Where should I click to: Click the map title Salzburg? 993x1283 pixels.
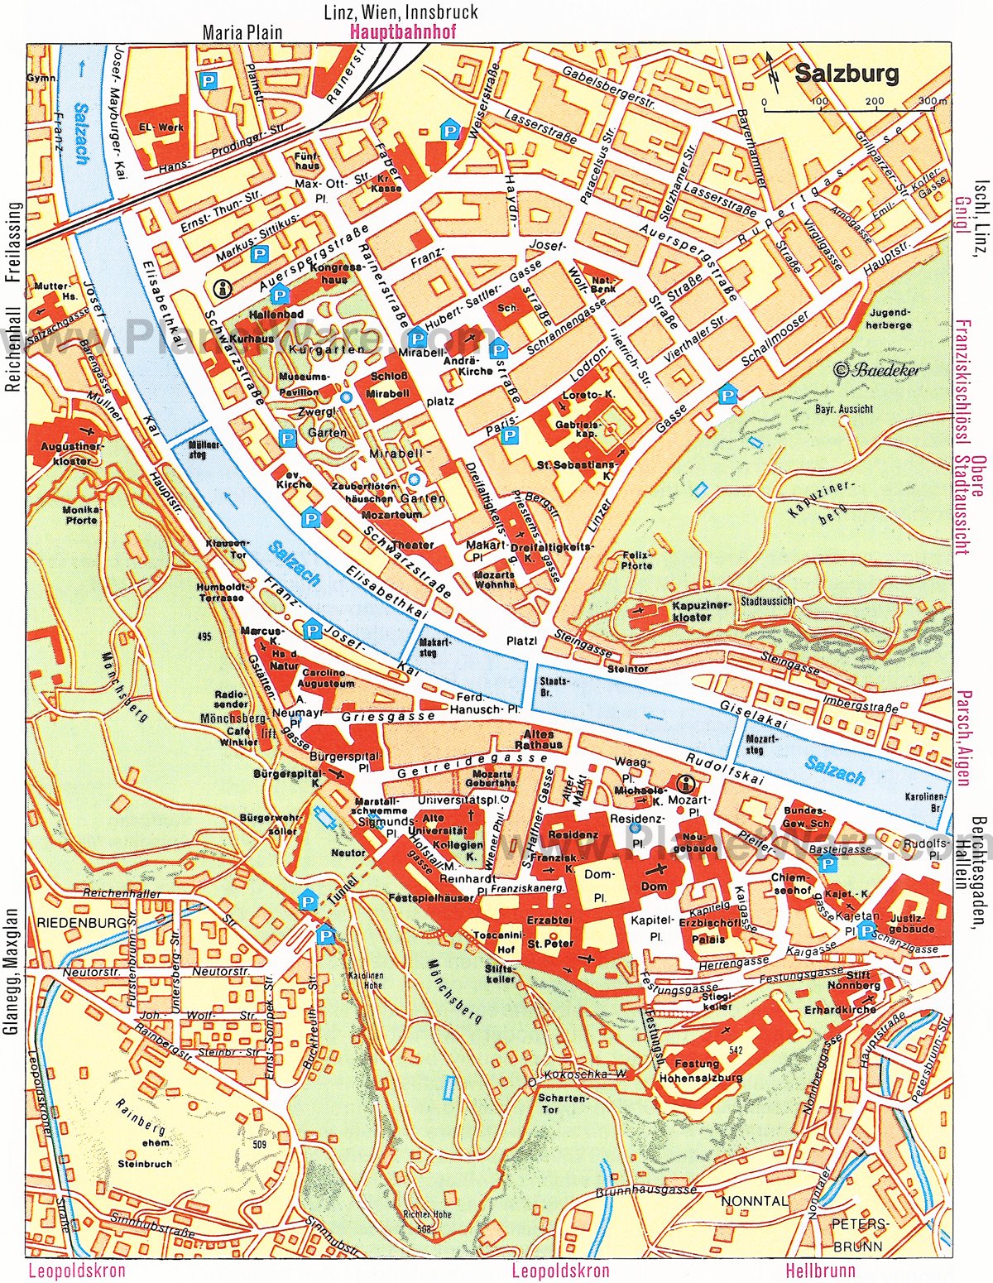click(x=847, y=74)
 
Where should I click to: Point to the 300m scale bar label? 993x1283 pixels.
click(x=933, y=102)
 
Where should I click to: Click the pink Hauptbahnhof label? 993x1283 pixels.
click(x=403, y=33)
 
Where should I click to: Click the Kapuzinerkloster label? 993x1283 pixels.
click(x=691, y=610)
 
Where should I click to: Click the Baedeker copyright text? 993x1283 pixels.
click(x=876, y=370)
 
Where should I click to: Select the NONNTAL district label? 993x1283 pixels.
click(x=754, y=1200)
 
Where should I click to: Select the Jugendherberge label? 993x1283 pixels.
click(x=890, y=319)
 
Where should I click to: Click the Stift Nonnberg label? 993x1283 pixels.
click(x=856, y=981)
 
